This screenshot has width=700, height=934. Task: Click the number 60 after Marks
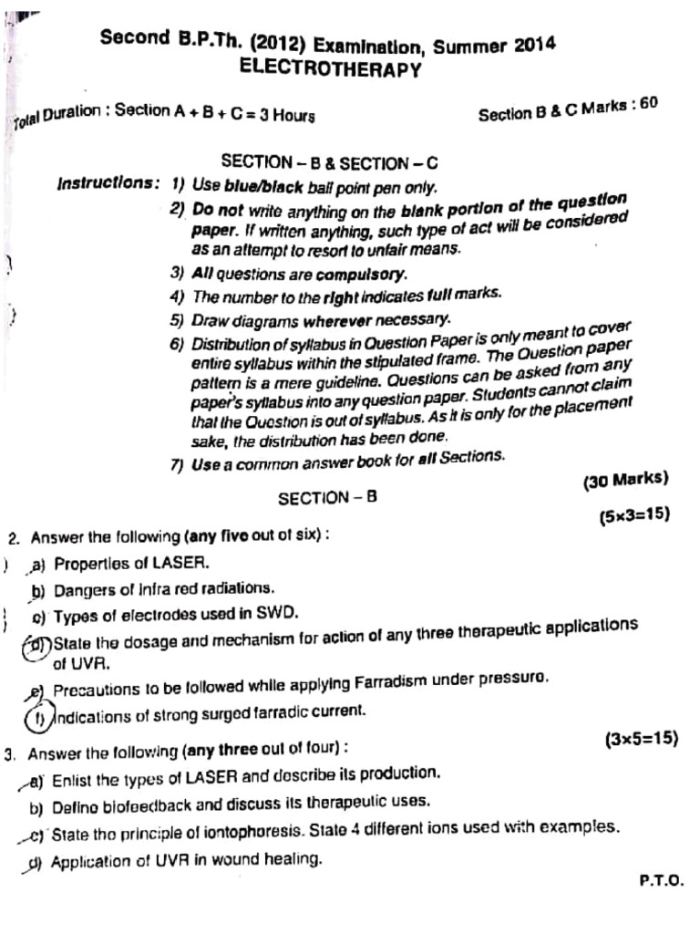click(x=648, y=104)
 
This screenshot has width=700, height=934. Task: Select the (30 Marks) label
click(x=625, y=480)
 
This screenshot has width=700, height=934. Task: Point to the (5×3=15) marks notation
click(x=634, y=516)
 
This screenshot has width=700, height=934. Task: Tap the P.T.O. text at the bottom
click(x=661, y=881)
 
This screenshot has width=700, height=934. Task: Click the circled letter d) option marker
click(x=37, y=645)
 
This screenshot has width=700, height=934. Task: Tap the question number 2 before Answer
click(x=12, y=538)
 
